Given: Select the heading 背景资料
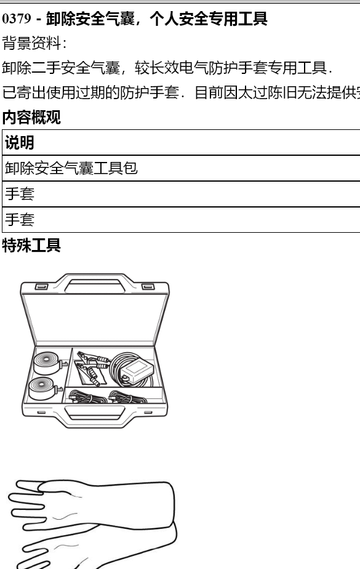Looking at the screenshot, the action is coord(31,43).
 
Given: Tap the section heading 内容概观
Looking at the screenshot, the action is coord(31,117).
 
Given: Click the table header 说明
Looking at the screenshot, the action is coord(20,143).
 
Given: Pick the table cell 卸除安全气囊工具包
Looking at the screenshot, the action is coord(71,168).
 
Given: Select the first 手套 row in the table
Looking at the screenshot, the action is coord(20,194).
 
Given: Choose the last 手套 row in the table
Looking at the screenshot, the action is coord(20,220).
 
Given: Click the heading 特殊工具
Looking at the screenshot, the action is coord(31,245).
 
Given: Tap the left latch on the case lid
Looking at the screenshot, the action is coord(41,287).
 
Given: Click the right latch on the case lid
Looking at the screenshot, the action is coord(148,287).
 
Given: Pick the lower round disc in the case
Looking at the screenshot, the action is coord(44,389).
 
